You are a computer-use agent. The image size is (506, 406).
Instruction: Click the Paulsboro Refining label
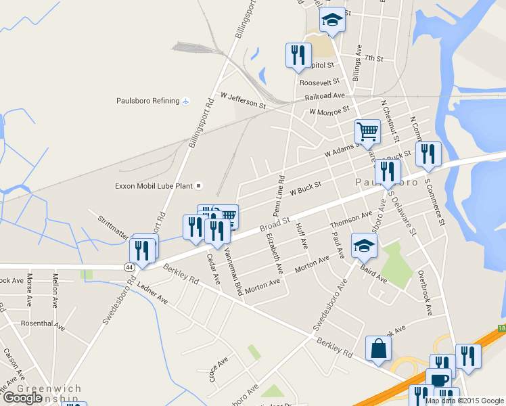click(x=148, y=101)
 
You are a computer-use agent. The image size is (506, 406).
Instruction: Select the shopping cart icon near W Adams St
click(x=367, y=132)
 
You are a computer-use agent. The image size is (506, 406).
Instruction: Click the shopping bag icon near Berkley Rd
click(x=378, y=349)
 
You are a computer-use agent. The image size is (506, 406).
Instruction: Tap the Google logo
click(x=22, y=398)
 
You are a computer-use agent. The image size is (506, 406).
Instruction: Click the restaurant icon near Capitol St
click(x=298, y=55)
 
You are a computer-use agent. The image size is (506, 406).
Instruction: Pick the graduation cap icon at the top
click(x=331, y=20)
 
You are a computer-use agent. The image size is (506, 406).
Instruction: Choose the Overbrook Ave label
click(x=424, y=292)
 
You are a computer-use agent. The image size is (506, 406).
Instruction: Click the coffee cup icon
click(x=438, y=380)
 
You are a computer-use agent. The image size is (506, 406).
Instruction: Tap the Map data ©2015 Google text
click(x=464, y=401)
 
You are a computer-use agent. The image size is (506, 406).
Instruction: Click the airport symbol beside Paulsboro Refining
click(x=186, y=101)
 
